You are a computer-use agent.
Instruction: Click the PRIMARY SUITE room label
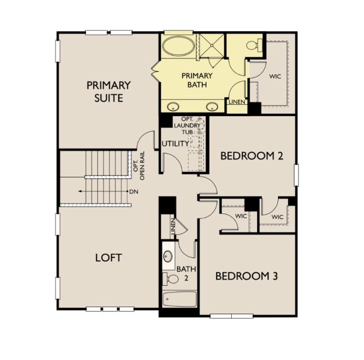[108, 91]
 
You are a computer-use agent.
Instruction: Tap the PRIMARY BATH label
[194, 80]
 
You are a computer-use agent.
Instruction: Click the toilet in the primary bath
[253, 45]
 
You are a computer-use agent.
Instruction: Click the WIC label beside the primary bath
[275, 76]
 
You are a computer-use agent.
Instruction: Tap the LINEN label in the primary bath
[236, 102]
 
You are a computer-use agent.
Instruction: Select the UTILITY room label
[175, 144]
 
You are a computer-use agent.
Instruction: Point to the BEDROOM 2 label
[251, 156]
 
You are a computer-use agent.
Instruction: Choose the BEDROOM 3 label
[246, 276]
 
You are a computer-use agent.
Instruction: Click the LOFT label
[108, 258]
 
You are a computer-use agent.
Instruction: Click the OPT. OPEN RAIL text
[138, 164]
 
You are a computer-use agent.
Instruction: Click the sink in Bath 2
[169, 256]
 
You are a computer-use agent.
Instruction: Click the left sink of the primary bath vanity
[173, 107]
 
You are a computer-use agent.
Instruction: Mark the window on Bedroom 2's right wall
[297, 174]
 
